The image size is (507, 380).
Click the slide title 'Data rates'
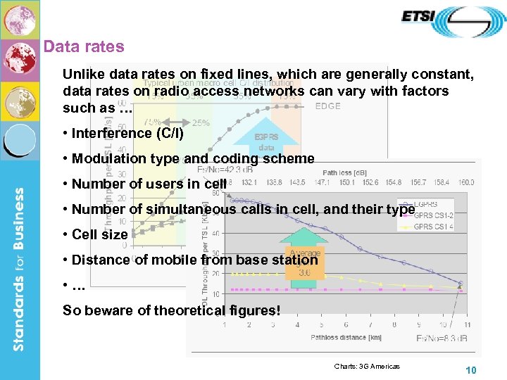[x=83, y=47]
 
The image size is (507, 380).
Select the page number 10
[x=472, y=371]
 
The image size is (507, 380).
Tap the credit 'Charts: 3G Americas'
[x=366, y=366]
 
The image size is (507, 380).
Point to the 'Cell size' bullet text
[x=99, y=234]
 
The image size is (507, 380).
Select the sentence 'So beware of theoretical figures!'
[x=171, y=310]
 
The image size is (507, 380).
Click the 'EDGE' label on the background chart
[x=327, y=106]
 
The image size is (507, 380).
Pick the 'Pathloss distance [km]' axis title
[x=346, y=338]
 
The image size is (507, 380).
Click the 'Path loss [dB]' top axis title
[x=344, y=172]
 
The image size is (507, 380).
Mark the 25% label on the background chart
[x=201, y=122]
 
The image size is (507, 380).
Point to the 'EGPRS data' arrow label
[x=267, y=143]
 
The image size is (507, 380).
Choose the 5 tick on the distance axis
[x=321, y=324]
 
